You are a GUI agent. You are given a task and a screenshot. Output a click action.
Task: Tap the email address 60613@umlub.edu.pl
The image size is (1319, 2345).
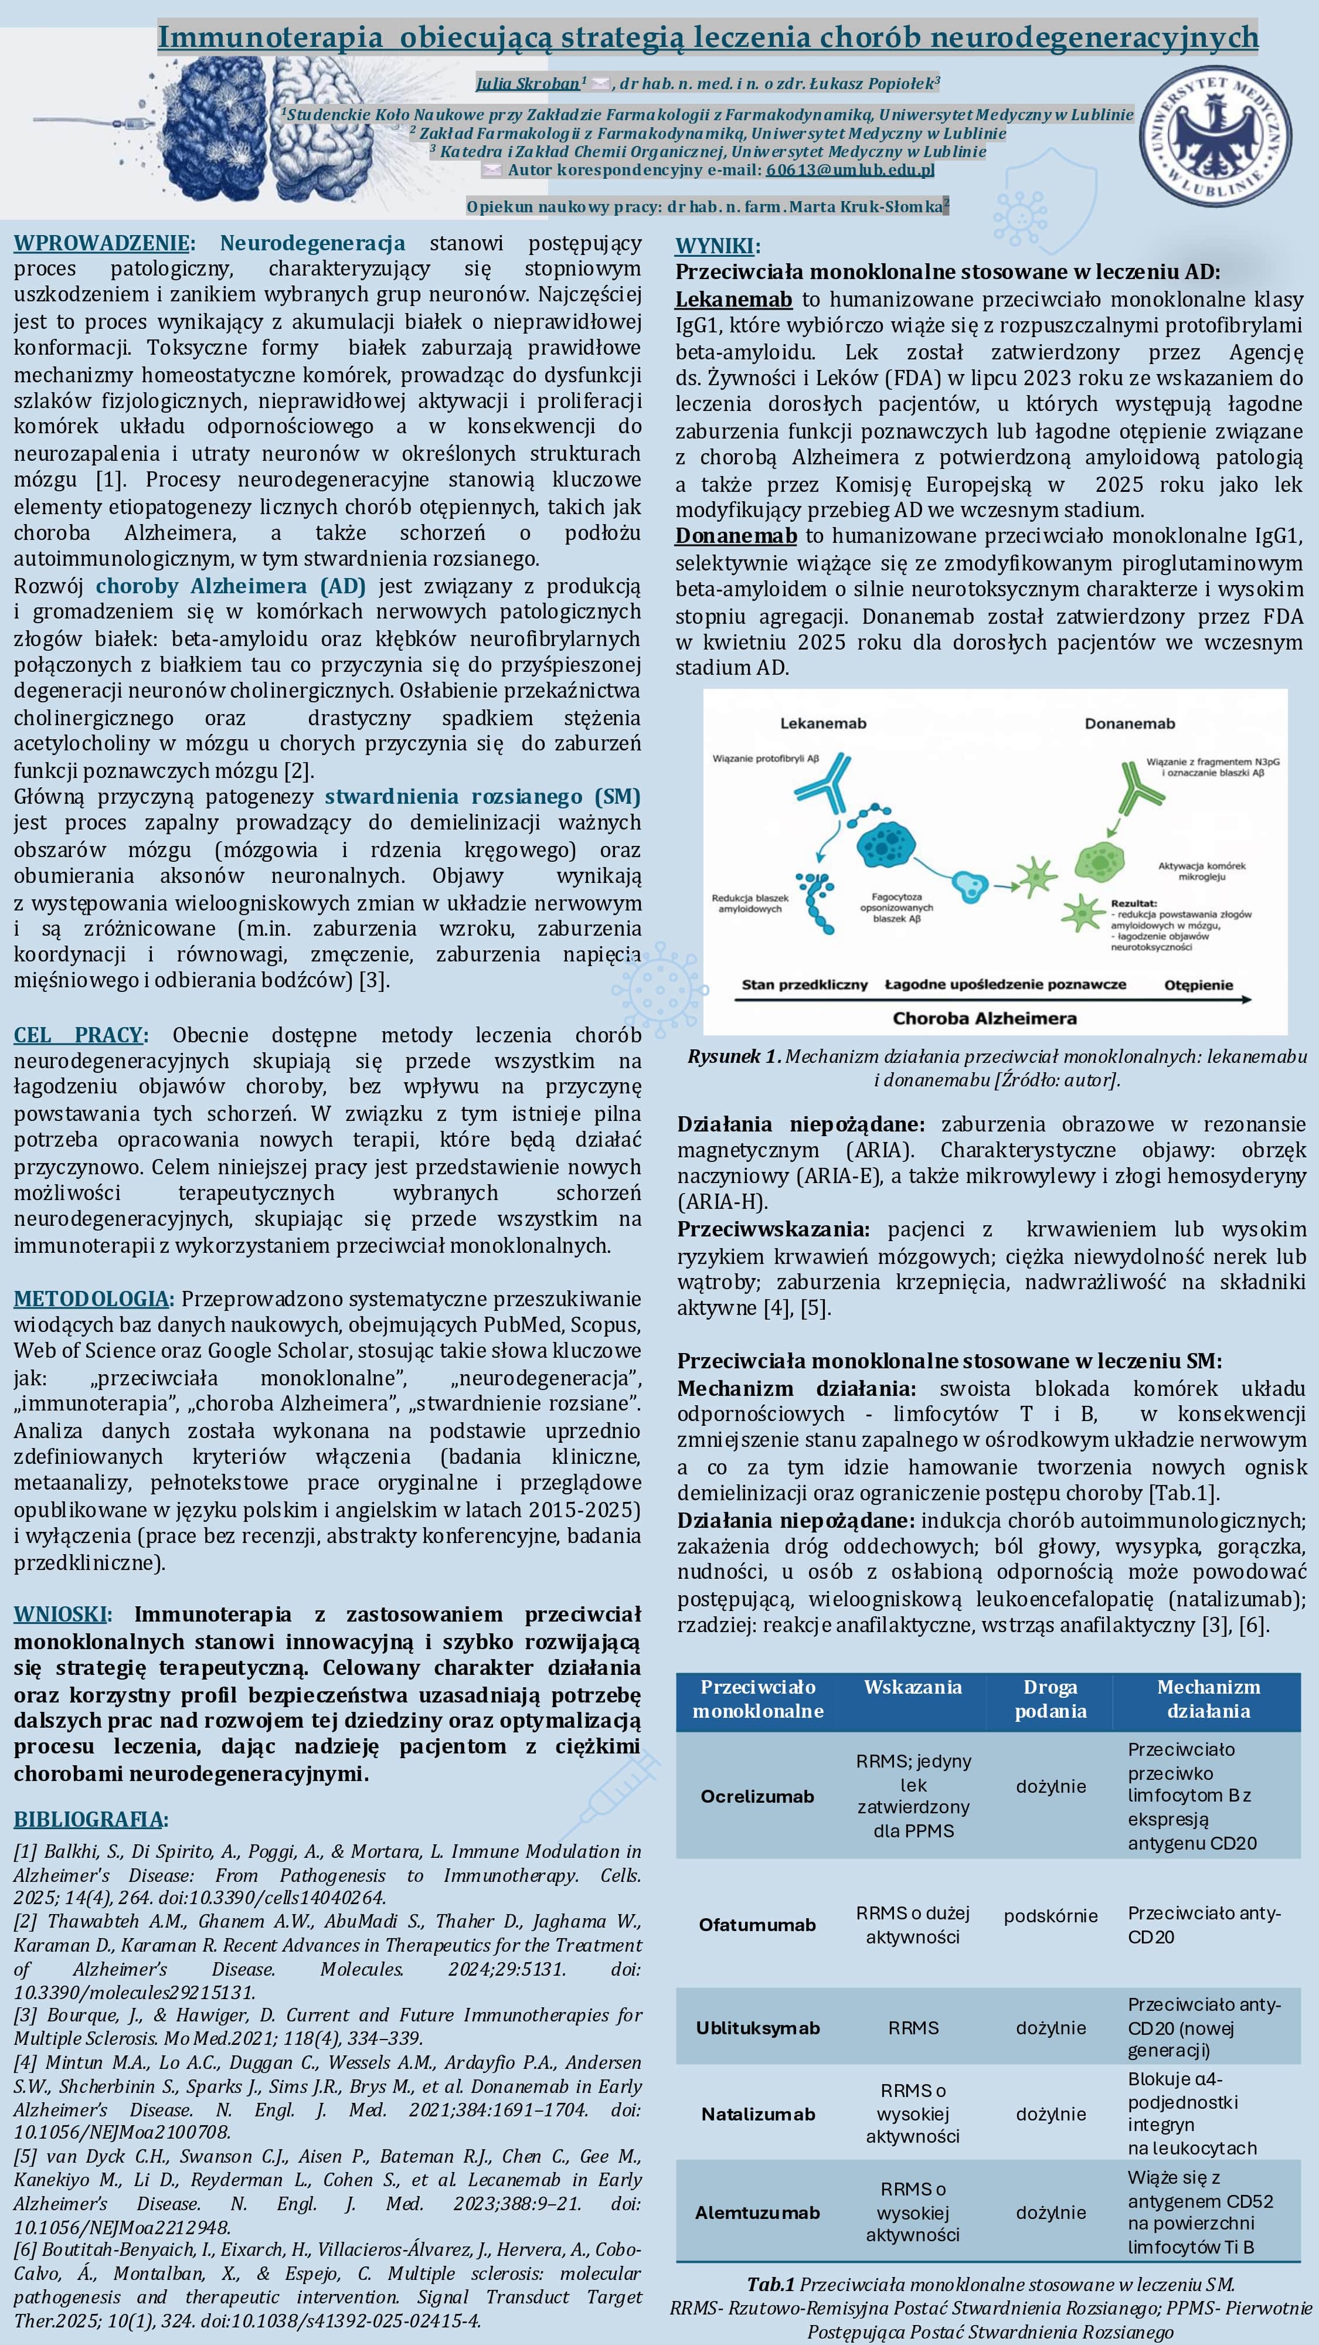tap(850, 169)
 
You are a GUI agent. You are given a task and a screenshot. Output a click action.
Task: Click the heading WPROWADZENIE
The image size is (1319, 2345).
tap(102, 243)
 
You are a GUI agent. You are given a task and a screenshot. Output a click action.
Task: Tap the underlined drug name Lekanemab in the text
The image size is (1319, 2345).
tap(733, 300)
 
